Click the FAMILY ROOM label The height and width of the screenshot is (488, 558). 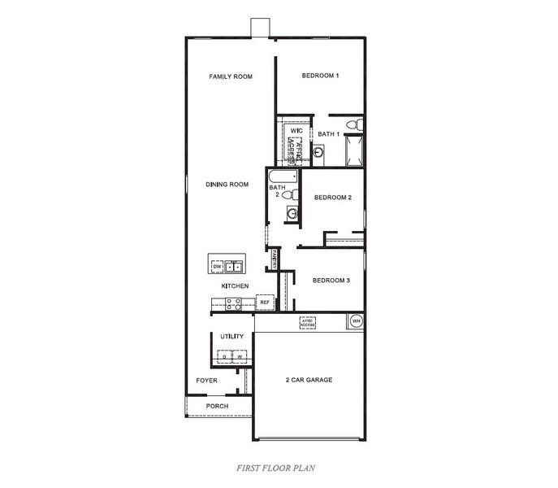pos(231,76)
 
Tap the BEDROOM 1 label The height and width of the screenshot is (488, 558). pos(320,76)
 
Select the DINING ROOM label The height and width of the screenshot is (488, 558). pos(227,185)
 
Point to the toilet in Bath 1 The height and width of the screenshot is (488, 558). pos(353,124)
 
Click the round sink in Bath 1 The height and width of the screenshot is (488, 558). pos(318,151)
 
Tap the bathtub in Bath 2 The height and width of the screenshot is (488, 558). pos(283,176)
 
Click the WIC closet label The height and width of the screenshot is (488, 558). pos(296,130)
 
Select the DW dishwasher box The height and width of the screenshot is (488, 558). pos(217,267)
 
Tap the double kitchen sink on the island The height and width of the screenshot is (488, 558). pos(234,267)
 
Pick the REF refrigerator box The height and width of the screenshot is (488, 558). pos(265,303)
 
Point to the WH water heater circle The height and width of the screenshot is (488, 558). pos(356,321)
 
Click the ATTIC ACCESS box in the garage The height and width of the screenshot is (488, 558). pos(308,323)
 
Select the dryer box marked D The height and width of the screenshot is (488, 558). pos(224,356)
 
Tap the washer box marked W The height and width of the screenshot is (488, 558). pos(240,356)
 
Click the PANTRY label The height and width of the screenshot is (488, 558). pos(275,258)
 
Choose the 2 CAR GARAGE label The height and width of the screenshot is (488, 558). pos(309,380)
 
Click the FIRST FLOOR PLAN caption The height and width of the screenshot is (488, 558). pos(275,468)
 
